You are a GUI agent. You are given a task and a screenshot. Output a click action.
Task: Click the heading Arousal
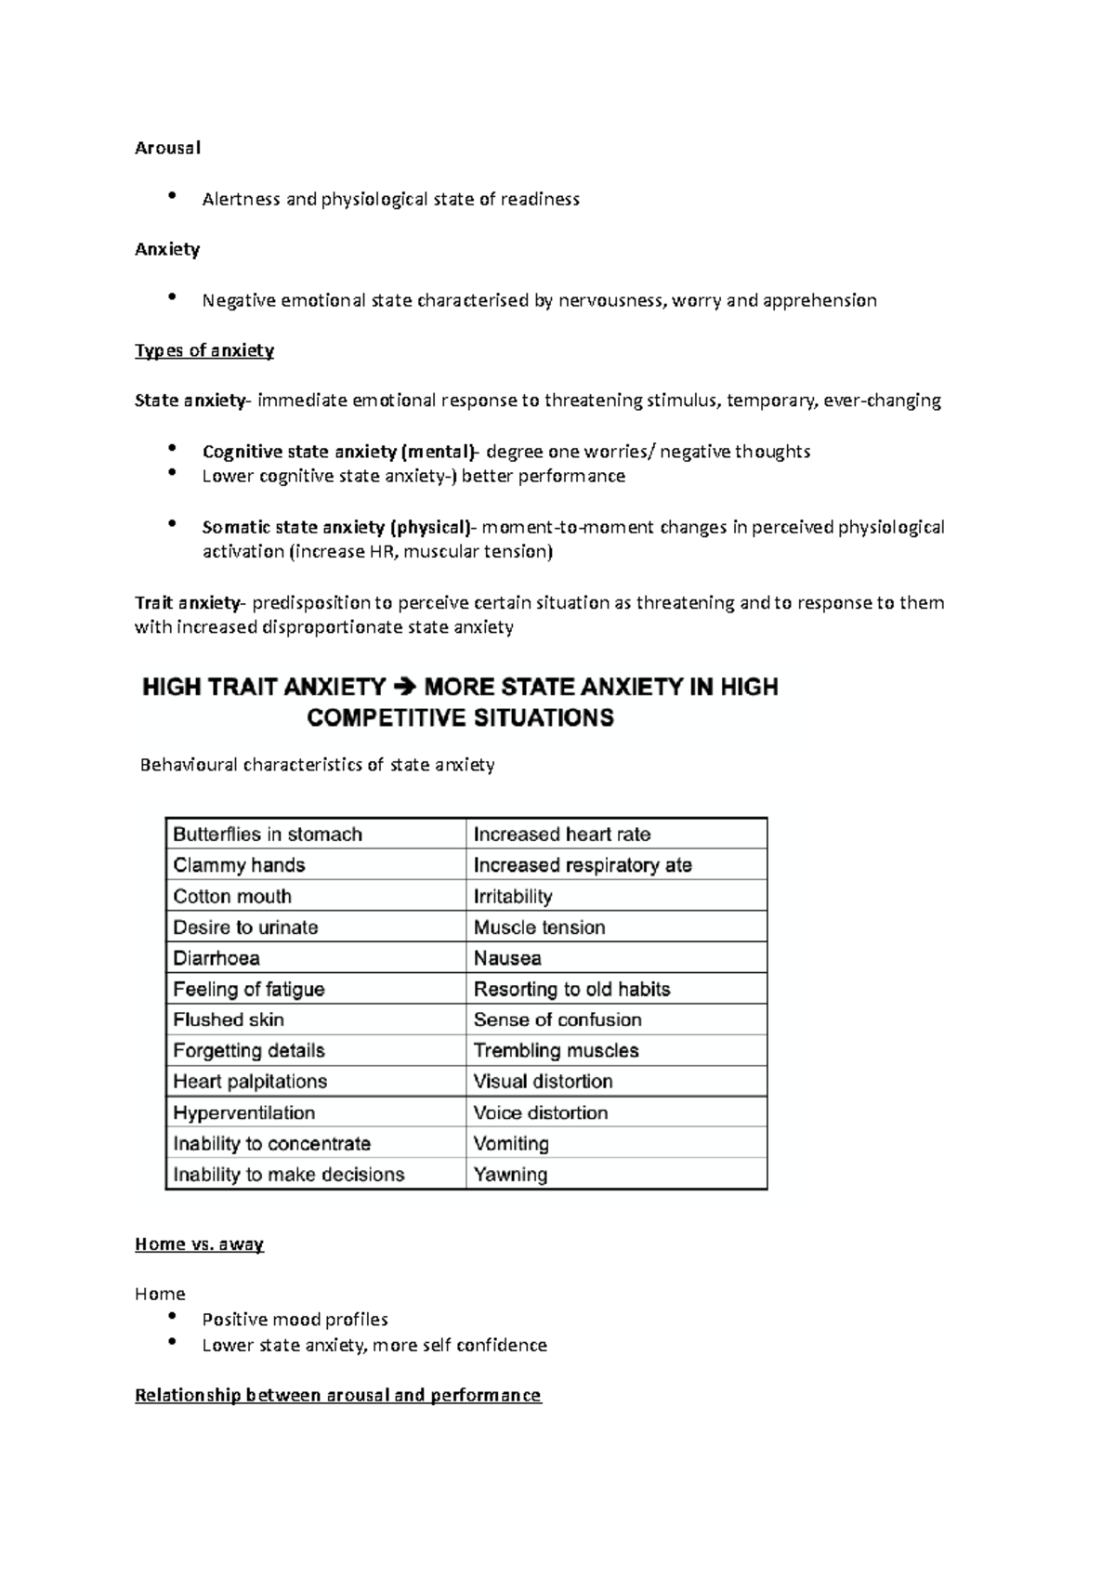[x=167, y=148]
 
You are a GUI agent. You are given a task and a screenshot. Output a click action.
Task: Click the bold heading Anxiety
[x=167, y=249]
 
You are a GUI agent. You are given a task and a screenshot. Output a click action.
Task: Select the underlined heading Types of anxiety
[x=204, y=350]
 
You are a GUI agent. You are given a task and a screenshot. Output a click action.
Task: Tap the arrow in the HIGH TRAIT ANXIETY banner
[x=406, y=688]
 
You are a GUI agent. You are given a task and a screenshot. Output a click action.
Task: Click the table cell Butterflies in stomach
[x=268, y=835]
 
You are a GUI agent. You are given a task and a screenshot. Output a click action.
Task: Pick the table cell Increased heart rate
[x=561, y=835]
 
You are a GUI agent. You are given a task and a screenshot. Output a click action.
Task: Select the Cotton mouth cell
[x=232, y=897]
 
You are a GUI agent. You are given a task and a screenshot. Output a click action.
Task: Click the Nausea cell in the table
[x=507, y=958]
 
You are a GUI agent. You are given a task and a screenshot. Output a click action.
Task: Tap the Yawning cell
[x=510, y=1175]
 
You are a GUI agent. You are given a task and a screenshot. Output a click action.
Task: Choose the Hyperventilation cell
[x=243, y=1113]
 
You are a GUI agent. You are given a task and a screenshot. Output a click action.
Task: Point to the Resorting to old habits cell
[x=571, y=990]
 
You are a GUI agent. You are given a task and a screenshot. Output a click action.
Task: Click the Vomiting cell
[x=511, y=1144]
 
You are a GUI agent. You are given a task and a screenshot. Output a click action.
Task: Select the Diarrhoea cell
[x=216, y=958]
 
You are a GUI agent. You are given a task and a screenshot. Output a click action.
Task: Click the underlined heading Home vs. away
[x=199, y=1244]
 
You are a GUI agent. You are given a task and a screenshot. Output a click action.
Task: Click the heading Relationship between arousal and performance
[x=337, y=1396]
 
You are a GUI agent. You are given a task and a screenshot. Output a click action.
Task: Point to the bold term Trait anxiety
[x=187, y=602]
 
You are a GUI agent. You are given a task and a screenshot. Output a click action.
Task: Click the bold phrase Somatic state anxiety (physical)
[x=335, y=527]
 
